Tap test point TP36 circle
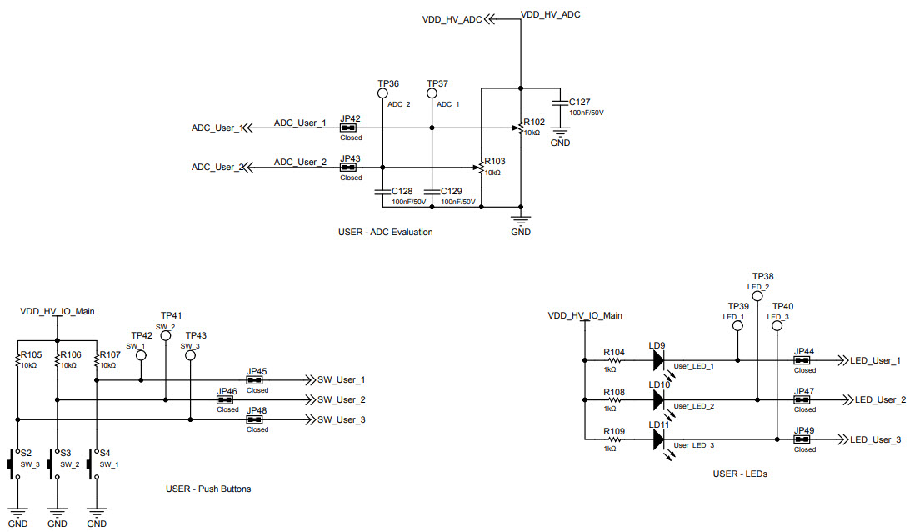pyautogui.click(x=382, y=93)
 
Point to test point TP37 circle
pyautogui.click(x=432, y=93)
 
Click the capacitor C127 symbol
pyautogui.click(x=561, y=101)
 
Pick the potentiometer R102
pyautogui.click(x=520, y=128)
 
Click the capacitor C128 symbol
pyautogui.click(x=382, y=191)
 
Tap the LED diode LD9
pyautogui.click(x=659, y=360)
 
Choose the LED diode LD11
pyautogui.click(x=659, y=439)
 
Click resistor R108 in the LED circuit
pyautogui.click(x=614, y=400)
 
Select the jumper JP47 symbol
pyautogui.click(x=804, y=400)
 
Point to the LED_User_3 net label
pyautogui.click(x=875, y=439)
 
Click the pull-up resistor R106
pyautogui.click(x=57, y=360)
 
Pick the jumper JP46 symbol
pyautogui.click(x=227, y=400)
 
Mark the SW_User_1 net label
pyautogui.click(x=341, y=379)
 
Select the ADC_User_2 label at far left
pyautogui.click(x=217, y=168)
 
